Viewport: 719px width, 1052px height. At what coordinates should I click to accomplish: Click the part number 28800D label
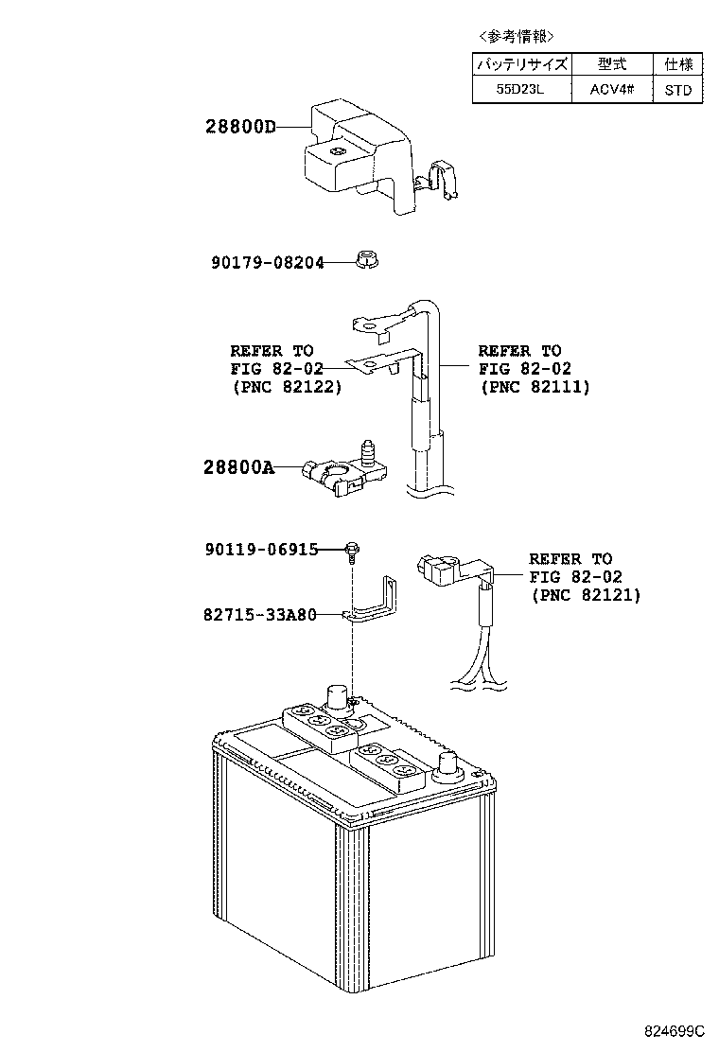click(240, 127)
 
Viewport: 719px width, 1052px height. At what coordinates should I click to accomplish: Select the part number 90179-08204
click(268, 262)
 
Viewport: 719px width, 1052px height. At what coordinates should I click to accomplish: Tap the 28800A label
click(238, 467)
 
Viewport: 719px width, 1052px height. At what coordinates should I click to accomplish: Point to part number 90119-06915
click(261, 550)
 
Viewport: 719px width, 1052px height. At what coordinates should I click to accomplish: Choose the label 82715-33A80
click(259, 614)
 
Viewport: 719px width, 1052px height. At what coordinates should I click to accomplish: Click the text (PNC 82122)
click(287, 387)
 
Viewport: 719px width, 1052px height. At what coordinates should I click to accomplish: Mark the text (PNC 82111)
click(535, 387)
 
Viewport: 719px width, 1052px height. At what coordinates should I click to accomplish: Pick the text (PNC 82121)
click(586, 595)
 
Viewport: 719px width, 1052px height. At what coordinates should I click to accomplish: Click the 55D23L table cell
click(521, 89)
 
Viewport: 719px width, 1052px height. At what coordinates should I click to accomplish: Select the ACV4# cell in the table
click(612, 89)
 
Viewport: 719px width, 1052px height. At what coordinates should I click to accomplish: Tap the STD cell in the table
click(677, 89)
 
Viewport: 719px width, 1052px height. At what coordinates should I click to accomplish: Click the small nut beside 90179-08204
click(365, 258)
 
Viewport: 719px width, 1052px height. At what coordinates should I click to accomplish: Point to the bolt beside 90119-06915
click(351, 551)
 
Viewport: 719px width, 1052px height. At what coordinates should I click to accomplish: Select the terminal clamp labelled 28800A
click(344, 472)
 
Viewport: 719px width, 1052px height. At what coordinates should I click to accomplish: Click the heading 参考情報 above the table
click(517, 36)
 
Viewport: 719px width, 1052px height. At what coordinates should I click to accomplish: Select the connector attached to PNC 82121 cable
click(436, 567)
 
